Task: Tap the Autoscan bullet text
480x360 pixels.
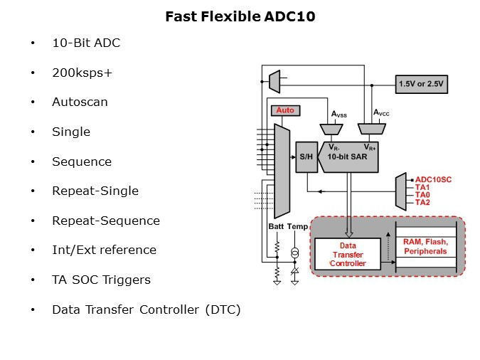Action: coord(80,102)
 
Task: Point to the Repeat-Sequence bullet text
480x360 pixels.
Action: coord(105,221)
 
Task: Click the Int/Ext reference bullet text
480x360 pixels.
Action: coord(104,250)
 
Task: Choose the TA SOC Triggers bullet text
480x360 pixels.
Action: coord(101,280)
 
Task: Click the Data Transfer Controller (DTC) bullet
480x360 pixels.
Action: coord(146,309)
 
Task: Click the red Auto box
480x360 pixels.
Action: coord(285,110)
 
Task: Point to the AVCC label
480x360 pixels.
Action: coord(383,112)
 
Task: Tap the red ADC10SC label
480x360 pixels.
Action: coord(434,179)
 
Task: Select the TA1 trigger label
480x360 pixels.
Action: coord(423,187)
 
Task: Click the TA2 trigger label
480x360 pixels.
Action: coord(423,202)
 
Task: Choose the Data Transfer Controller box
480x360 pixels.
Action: coord(349,253)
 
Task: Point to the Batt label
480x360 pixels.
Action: coord(277,227)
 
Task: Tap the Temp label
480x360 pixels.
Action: coord(298,227)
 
